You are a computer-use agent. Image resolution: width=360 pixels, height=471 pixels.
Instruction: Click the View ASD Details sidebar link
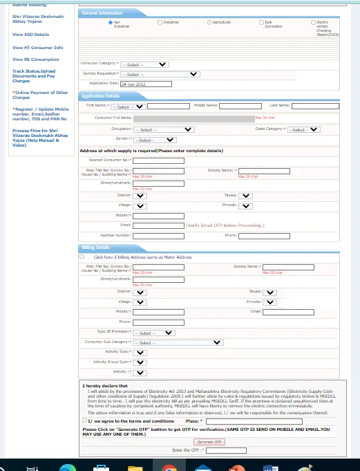pyautogui.click(x=30, y=34)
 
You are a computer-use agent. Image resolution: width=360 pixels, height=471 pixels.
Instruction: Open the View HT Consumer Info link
pyautogui.click(x=37, y=47)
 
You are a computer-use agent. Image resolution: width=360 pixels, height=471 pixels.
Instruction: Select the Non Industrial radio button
pyautogui.click(x=110, y=22)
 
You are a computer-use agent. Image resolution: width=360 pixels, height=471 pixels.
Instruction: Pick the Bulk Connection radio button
pyautogui.click(x=260, y=22)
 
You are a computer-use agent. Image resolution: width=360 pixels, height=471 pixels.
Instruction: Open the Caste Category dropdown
pyautogui.click(x=304, y=129)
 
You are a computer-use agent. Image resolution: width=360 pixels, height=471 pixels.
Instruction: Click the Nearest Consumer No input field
pyautogui.click(x=158, y=160)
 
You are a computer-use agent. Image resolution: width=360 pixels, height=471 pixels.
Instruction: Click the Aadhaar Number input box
pyautogui.click(x=158, y=236)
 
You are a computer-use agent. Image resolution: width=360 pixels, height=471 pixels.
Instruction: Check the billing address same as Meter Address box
pyautogui.click(x=82, y=257)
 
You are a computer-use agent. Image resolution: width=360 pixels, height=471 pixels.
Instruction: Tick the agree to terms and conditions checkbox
pyautogui.click(x=84, y=421)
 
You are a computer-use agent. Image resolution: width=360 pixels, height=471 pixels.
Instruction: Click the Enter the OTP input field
pyautogui.click(x=221, y=450)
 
